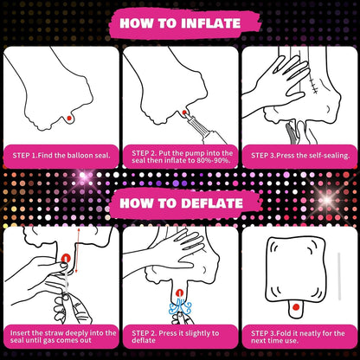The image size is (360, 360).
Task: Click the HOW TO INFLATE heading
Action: point(180,23)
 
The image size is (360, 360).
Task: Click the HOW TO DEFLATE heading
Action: point(181,203)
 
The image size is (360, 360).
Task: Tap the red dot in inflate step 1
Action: point(69,118)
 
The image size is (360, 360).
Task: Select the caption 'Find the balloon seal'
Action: point(74,156)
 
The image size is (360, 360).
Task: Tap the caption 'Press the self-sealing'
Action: point(313,156)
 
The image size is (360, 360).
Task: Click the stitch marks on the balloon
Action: point(313,86)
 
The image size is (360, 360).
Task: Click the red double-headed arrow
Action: point(77,250)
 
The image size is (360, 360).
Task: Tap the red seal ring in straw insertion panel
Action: point(66,258)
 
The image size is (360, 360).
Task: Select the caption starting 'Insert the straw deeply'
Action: point(63,337)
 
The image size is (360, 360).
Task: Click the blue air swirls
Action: point(180,307)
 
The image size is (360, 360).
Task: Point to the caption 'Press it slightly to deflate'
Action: point(176,337)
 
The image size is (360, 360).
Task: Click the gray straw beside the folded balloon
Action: point(339,276)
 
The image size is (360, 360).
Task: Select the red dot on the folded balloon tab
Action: point(295,307)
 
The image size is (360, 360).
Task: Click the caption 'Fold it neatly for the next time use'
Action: point(298,337)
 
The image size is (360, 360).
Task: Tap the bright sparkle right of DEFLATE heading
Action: point(327,200)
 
